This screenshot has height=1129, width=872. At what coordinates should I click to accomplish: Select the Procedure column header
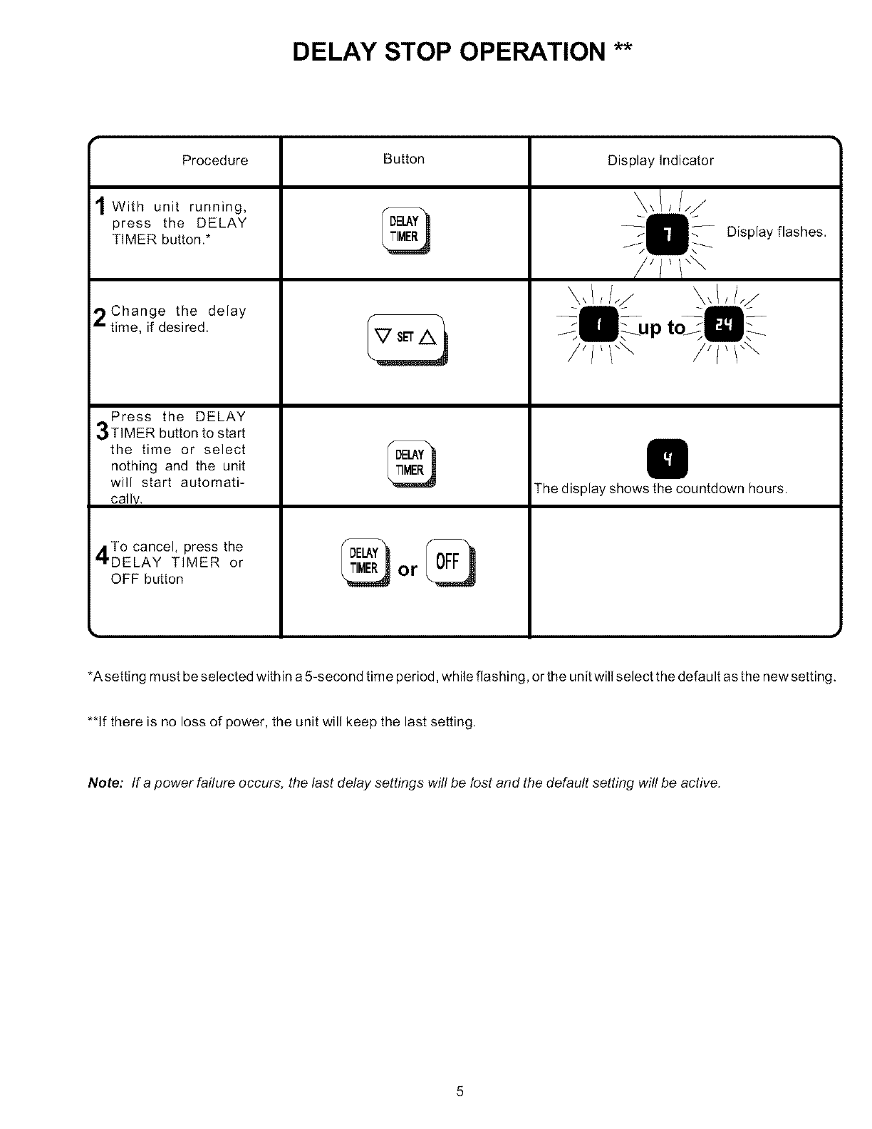[214, 160]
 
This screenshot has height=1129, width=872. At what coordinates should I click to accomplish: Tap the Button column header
[403, 159]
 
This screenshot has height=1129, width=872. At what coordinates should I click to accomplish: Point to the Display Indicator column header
[660, 160]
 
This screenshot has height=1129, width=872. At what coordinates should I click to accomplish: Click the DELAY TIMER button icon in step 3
[410, 463]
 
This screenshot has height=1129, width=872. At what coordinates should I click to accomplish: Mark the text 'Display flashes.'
[776, 232]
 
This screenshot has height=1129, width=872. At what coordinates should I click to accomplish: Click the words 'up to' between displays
[661, 328]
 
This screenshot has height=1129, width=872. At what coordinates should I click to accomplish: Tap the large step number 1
[100, 208]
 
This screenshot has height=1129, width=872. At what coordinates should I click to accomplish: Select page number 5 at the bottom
[460, 1091]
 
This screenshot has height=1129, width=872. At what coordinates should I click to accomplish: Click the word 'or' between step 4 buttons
[408, 570]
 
